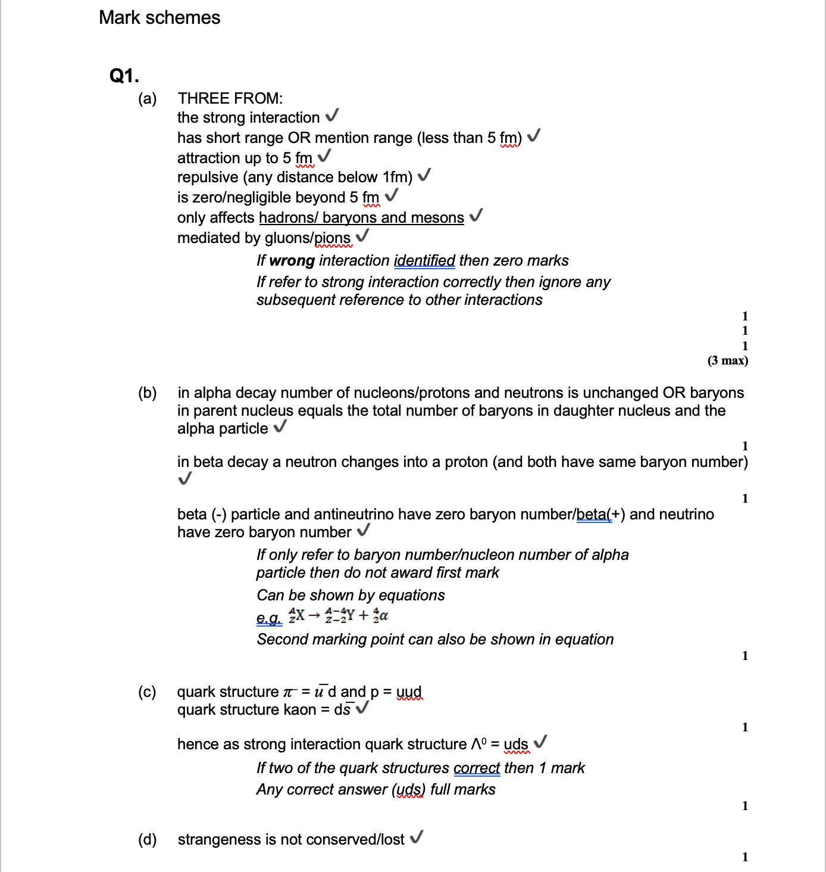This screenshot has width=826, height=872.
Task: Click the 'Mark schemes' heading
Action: coord(159,17)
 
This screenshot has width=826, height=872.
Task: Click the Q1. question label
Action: coord(124,76)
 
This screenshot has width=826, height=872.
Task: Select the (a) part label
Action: coord(148,98)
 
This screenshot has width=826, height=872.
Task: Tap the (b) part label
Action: coord(148,393)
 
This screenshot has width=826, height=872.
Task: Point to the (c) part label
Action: coord(148,692)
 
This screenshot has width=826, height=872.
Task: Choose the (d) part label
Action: coord(148,839)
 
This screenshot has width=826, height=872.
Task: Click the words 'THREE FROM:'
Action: coord(230,98)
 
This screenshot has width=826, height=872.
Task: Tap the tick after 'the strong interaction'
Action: coord(333,115)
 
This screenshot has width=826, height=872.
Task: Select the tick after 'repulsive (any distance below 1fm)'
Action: coord(424,175)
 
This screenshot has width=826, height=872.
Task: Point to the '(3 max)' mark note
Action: coord(728,360)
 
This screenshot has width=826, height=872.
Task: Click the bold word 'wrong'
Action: coord(292,261)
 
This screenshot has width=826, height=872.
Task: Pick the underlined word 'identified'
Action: coord(424,261)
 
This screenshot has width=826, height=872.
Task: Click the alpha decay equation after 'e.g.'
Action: coord(338,615)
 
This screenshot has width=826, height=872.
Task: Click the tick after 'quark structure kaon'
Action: coord(362,708)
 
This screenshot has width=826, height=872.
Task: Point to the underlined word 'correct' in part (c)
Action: coord(477,768)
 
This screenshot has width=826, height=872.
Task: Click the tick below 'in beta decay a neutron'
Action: coord(185,479)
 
